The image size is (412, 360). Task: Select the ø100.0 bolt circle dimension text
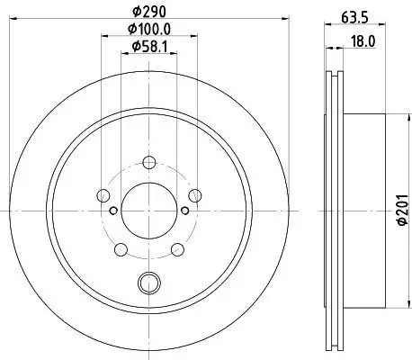(149, 31)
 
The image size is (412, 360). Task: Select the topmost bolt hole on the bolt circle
(148, 163)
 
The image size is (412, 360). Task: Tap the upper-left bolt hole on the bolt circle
(104, 195)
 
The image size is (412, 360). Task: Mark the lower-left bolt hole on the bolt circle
(121, 247)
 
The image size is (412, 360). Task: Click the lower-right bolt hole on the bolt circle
(175, 247)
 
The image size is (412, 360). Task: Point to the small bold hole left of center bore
(113, 211)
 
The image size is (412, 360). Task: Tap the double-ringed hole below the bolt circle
(148, 283)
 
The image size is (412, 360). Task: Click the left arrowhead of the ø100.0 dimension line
(104, 39)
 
